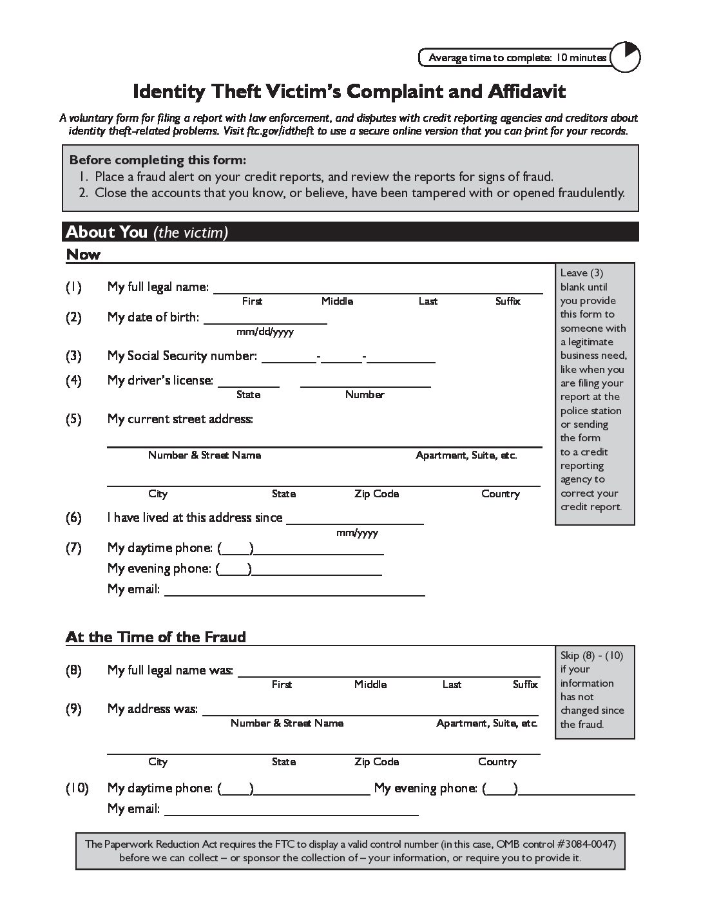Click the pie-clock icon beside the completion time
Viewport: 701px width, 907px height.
pos(624,58)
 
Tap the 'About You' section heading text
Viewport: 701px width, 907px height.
pos(107,232)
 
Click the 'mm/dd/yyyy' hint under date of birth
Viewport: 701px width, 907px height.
pos(265,332)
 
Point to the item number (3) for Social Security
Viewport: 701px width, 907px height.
pos(73,356)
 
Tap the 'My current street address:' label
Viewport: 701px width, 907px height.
pos(180,419)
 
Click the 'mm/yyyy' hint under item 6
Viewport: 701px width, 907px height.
pos(357,533)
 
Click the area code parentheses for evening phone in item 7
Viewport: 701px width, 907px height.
pos(234,569)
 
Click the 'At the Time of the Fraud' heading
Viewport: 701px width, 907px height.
pos(156,637)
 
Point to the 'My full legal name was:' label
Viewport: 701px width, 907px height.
pos(170,671)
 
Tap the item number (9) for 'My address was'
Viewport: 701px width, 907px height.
pos(73,709)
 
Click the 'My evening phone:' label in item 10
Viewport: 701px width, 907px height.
pos(426,788)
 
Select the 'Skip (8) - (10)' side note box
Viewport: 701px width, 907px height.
pos(595,690)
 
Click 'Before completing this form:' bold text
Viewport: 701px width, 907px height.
pos(158,160)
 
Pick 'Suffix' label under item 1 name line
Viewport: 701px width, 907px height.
pos(508,301)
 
